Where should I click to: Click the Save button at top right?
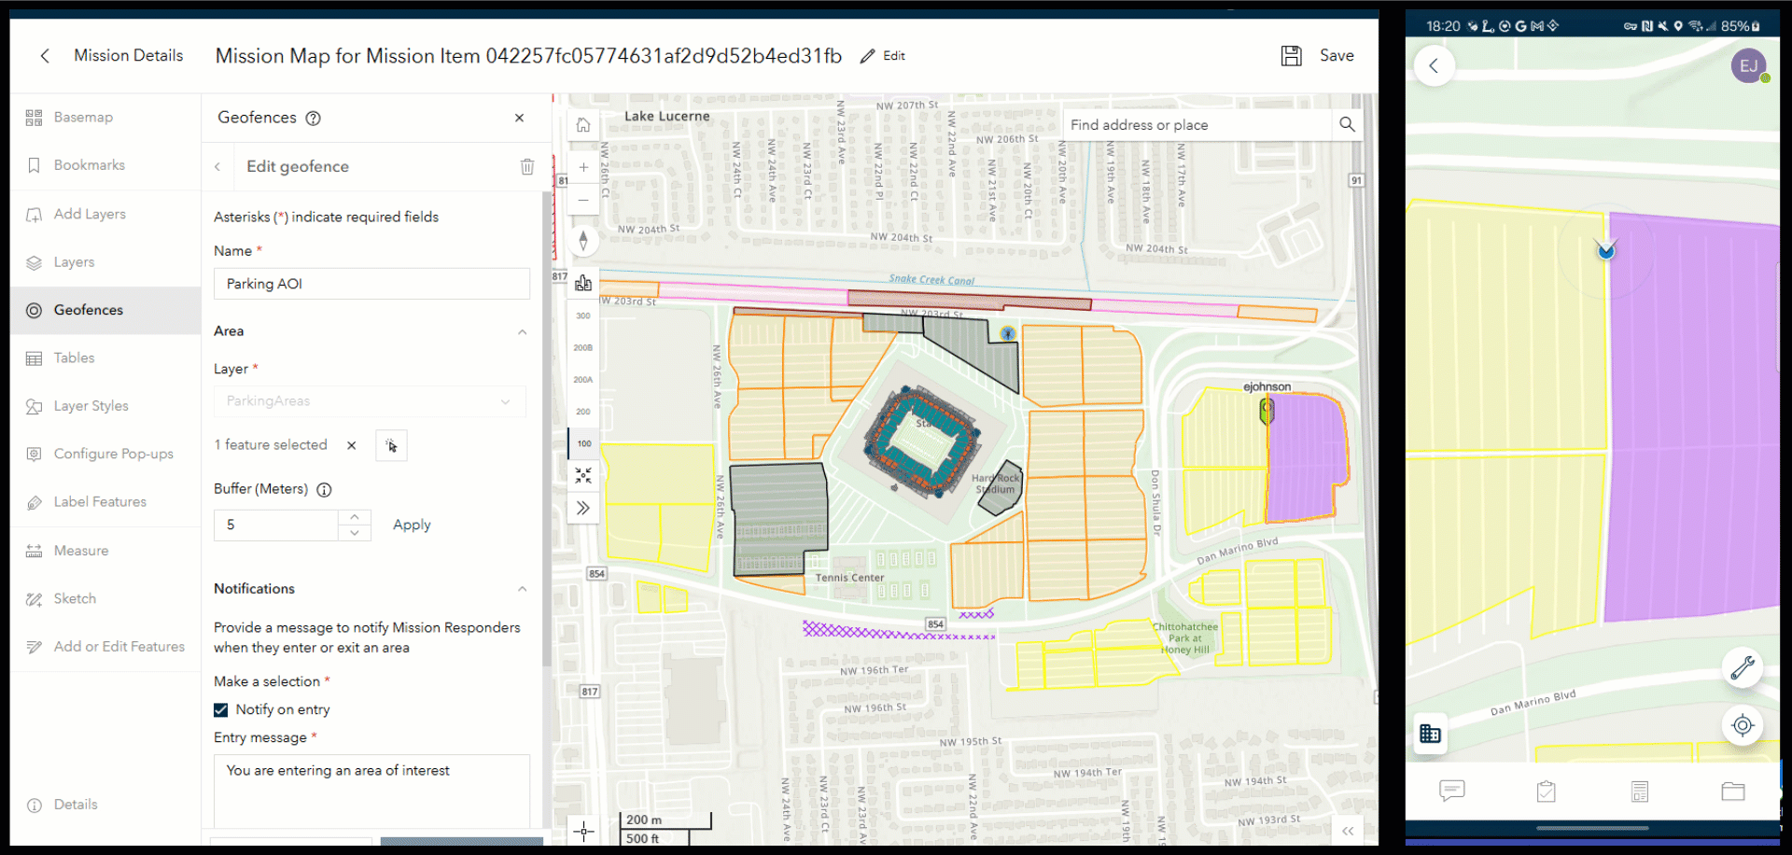pyautogui.click(x=1318, y=56)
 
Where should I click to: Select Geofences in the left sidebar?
pyautogui.click(x=88, y=310)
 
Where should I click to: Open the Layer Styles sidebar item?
pyautogui.click(x=91, y=406)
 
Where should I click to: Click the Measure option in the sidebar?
pyautogui.click(x=80, y=551)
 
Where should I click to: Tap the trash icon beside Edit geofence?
pyautogui.click(x=527, y=166)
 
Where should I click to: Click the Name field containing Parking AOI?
pyautogui.click(x=371, y=284)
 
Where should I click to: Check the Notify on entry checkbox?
pyautogui.click(x=221, y=709)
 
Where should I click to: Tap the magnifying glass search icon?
pyautogui.click(x=1347, y=124)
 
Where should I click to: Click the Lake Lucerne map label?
pyautogui.click(x=666, y=117)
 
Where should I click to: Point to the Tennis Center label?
pyautogui.click(x=849, y=578)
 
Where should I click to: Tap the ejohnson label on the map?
pyautogui.click(x=1267, y=386)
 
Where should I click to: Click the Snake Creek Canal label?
pyautogui.click(x=931, y=279)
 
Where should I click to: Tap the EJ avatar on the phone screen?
pyautogui.click(x=1748, y=66)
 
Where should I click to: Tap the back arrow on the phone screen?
pyautogui.click(x=1435, y=66)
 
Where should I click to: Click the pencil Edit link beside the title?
pyautogui.click(x=883, y=56)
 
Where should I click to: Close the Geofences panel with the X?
pyautogui.click(x=519, y=118)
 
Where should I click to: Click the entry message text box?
pyautogui.click(x=371, y=789)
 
